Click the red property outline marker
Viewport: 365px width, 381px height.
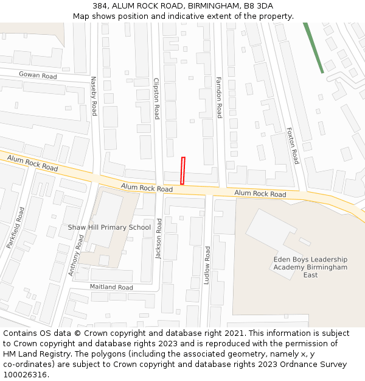(182, 170)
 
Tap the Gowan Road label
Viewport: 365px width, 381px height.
(38, 76)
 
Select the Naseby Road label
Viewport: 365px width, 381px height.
(94, 96)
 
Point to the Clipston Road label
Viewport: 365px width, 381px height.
(156, 98)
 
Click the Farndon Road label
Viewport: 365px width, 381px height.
(219, 97)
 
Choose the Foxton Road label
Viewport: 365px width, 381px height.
(293, 145)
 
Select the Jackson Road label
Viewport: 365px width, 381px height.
(159, 239)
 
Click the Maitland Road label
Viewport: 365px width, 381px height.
(111, 287)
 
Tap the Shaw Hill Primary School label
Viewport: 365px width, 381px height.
(109, 227)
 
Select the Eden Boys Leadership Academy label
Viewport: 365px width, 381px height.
(310, 267)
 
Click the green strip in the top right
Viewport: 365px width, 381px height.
(314, 48)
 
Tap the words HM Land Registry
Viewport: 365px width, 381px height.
(33, 354)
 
